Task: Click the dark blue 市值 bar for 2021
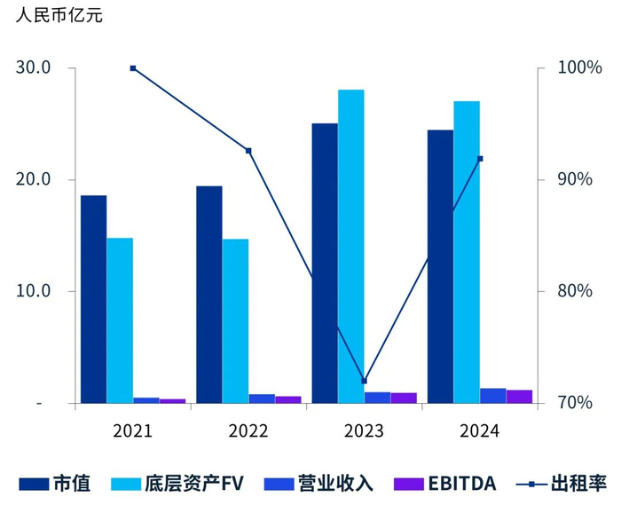tap(93, 299)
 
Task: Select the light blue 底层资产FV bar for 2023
tap(350, 246)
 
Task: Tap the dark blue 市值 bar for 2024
tap(440, 266)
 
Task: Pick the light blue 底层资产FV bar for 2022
tap(235, 320)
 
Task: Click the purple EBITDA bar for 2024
tap(520, 396)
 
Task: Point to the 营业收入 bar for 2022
tap(262, 398)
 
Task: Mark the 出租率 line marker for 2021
tap(133, 68)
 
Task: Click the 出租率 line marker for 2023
tap(364, 381)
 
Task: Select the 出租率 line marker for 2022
tap(248, 151)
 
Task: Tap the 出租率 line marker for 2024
tap(480, 159)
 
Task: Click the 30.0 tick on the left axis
tap(34, 68)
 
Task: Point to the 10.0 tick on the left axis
tap(34, 291)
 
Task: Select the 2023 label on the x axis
tap(364, 431)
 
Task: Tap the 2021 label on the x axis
tap(133, 431)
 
